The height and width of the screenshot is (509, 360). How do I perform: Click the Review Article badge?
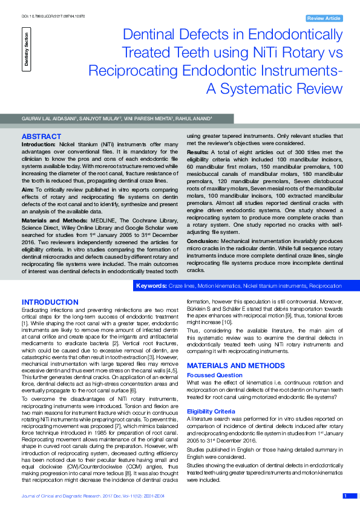pyautogui.click(x=324, y=19)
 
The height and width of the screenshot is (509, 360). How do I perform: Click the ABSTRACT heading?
pyautogui.click(x=41, y=137)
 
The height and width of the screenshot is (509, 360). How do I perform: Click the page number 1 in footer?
pyautogui.click(x=345, y=496)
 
